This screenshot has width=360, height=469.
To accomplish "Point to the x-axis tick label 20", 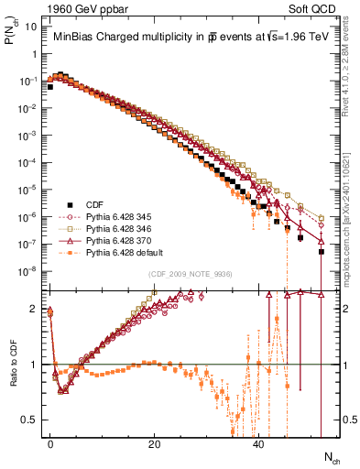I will tap(155, 443).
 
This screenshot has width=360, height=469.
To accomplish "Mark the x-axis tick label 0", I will tap(50, 443).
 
